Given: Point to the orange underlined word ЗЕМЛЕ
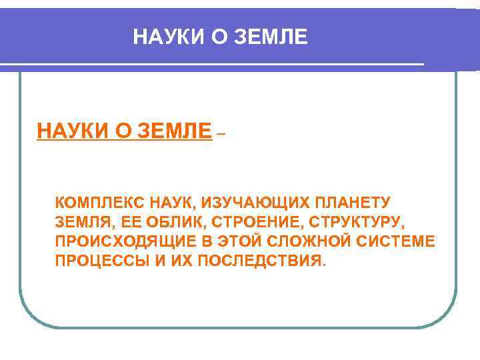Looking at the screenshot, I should pyautogui.click(x=175, y=131).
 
